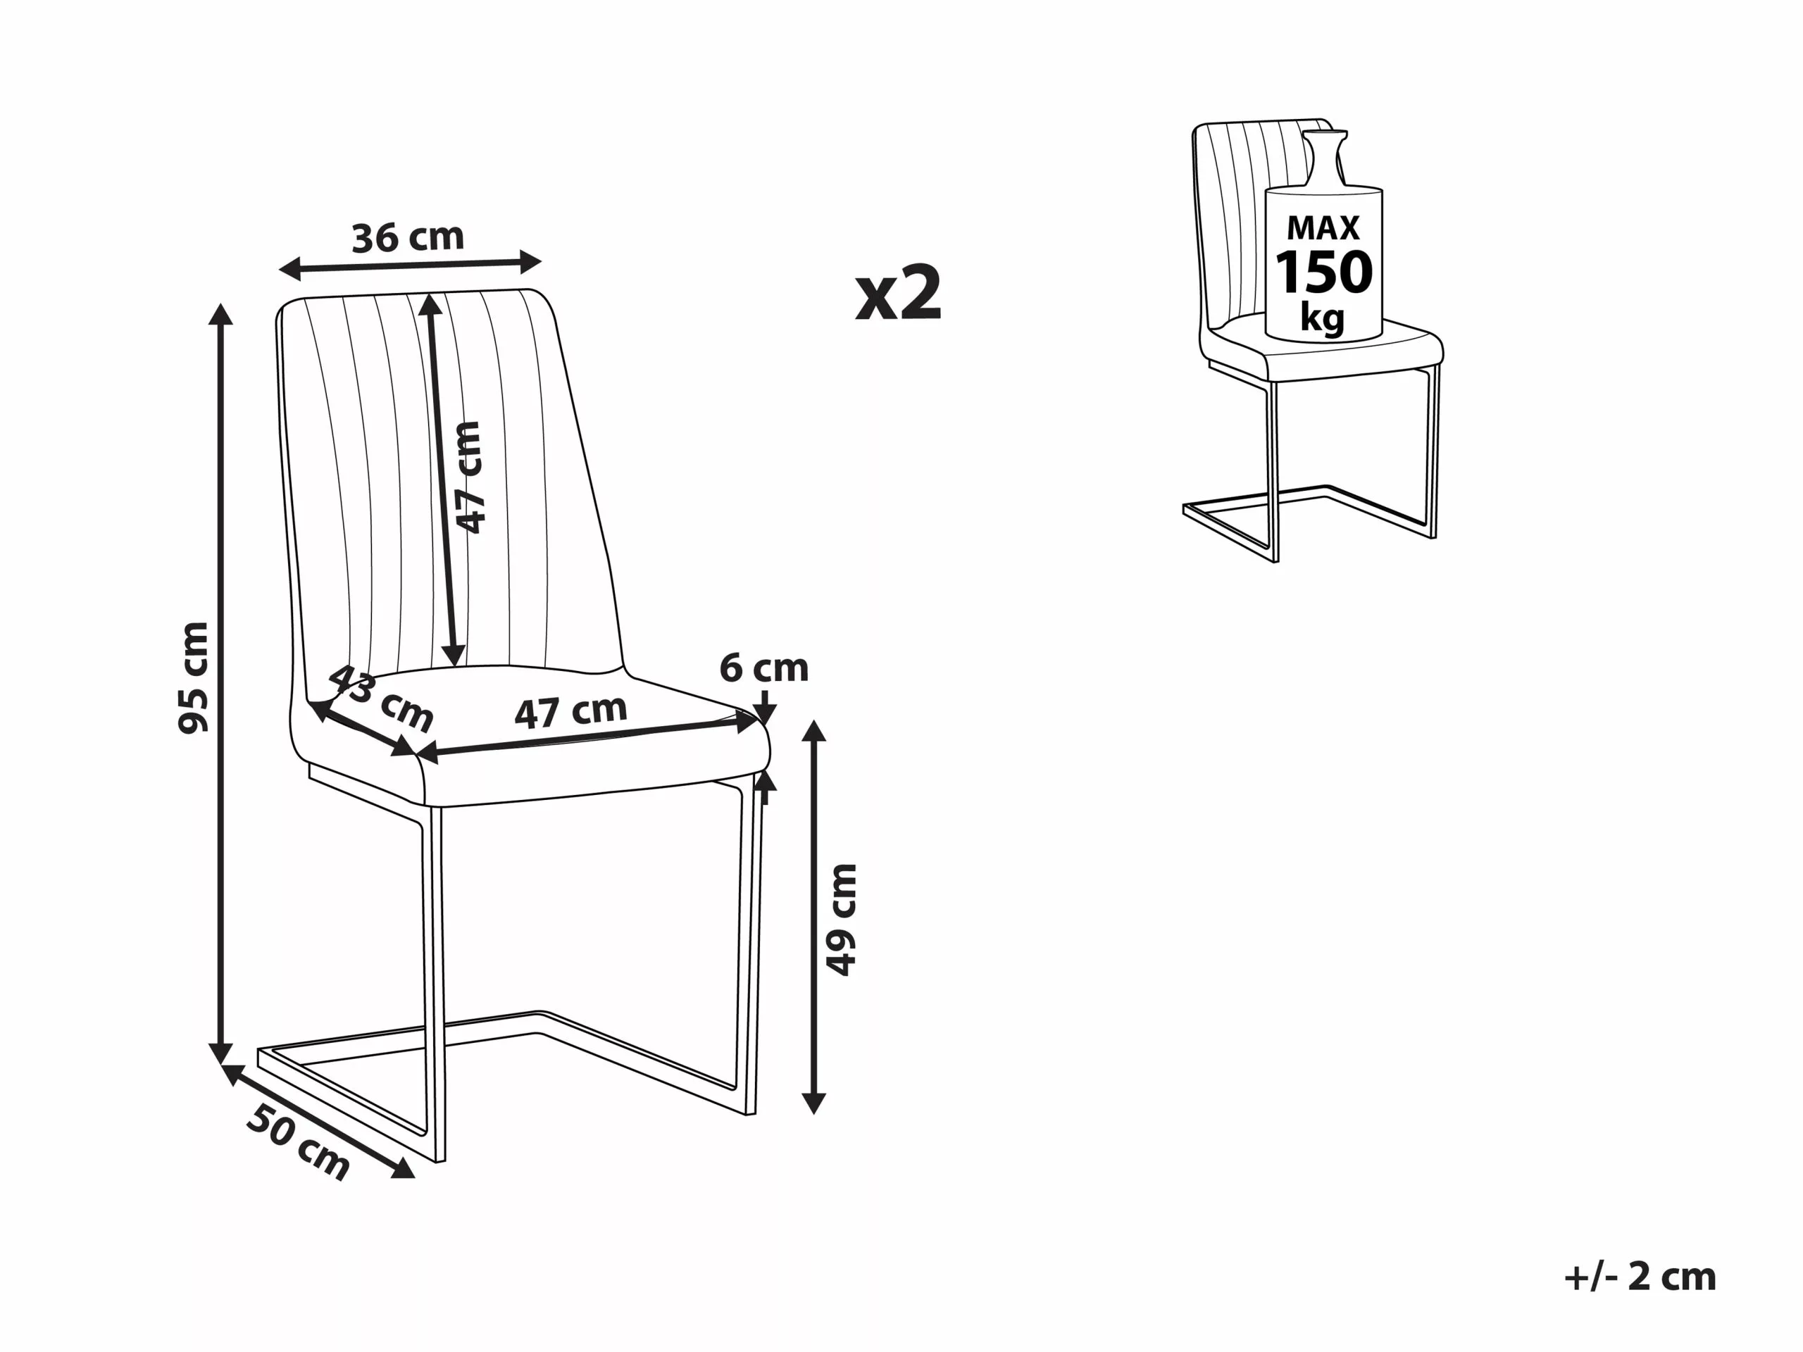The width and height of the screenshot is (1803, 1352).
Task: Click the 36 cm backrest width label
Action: coord(408,237)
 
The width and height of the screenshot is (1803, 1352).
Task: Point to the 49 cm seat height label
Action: coord(842,918)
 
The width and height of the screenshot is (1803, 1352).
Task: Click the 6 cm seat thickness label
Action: coord(763,668)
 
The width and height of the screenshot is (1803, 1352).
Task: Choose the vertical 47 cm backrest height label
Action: coord(470,477)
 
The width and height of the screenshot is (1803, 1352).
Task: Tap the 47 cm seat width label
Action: coord(570,711)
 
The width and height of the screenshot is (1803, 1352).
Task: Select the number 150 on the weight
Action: coord(1323,273)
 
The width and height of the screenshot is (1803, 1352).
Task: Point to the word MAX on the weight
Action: coord(1323,228)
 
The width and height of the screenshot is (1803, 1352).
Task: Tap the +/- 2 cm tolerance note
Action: coord(1640,1276)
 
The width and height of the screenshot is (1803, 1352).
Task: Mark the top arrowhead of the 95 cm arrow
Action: coord(220,313)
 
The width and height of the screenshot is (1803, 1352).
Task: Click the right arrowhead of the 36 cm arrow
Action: coord(532,262)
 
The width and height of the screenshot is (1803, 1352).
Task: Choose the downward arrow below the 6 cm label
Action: coord(766,708)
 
